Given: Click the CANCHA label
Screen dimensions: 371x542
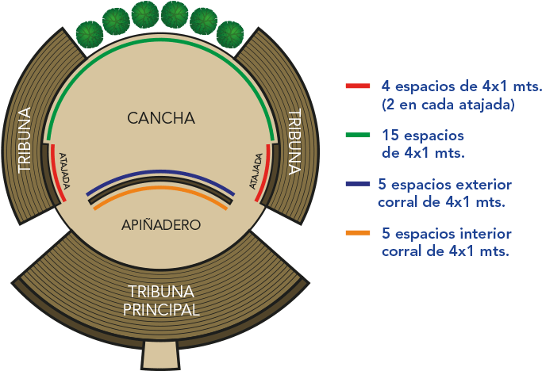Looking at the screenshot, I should click(x=160, y=118).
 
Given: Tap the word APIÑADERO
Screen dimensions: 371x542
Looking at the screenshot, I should click(x=160, y=224).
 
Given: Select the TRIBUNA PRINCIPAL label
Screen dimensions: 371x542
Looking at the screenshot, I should click(x=161, y=300).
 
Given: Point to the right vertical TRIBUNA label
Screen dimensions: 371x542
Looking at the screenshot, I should click(x=294, y=140).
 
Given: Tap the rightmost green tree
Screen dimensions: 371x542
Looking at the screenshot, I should click(x=231, y=34).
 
